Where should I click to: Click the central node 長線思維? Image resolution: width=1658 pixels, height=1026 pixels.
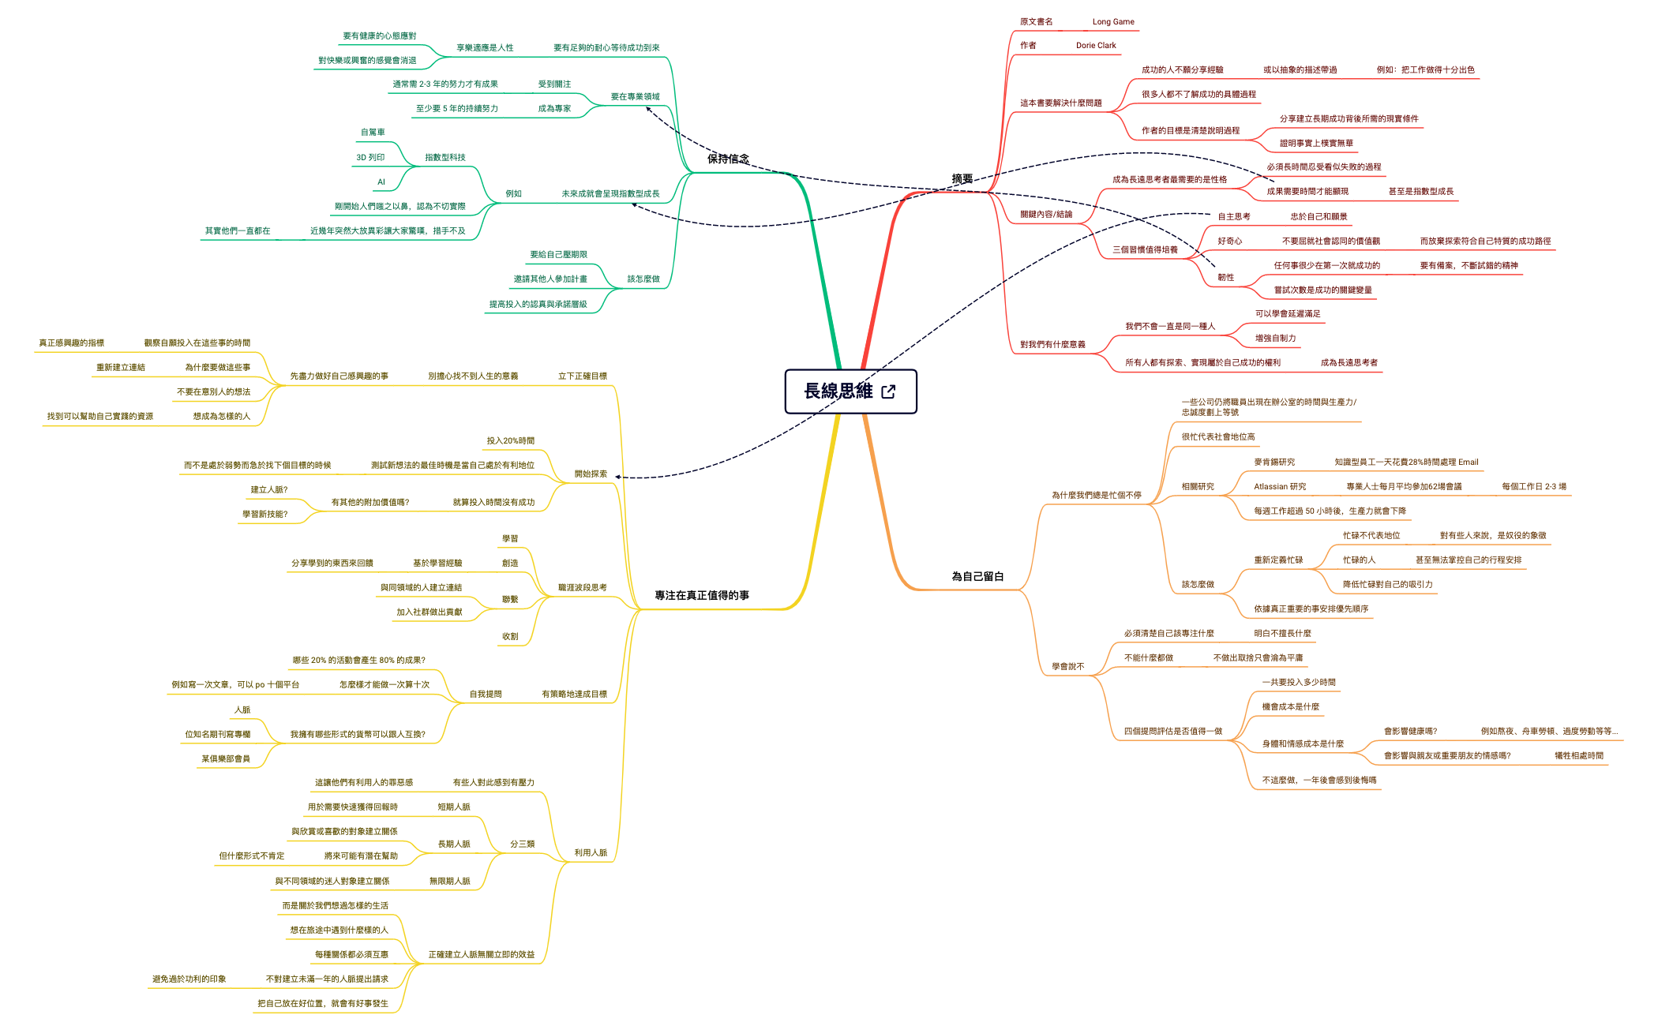[x=850, y=391]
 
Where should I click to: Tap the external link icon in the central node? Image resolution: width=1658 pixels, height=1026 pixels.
[x=888, y=391]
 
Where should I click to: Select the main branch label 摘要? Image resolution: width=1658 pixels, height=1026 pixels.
[x=962, y=179]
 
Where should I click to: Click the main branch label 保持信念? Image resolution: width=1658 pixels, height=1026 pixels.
[x=728, y=159]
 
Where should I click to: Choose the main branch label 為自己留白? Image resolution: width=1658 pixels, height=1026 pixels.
[x=977, y=576]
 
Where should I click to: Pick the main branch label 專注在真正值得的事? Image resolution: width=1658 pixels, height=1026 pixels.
[x=702, y=595]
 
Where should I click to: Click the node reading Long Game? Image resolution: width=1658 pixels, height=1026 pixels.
[x=1113, y=22]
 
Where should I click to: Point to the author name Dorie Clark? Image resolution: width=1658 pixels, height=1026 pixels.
[x=1096, y=46]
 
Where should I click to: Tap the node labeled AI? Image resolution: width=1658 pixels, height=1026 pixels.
[x=381, y=182]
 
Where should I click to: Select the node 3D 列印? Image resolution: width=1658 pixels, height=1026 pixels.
[x=370, y=158]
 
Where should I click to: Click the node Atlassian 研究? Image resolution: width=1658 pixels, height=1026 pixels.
[x=1280, y=487]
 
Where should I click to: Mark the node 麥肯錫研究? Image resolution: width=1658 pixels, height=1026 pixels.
[x=1274, y=462]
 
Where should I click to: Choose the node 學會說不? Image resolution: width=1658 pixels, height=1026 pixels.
[x=1067, y=667]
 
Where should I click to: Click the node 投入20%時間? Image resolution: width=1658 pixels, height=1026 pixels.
[x=510, y=441]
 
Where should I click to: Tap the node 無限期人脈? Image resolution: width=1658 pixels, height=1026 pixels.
[x=449, y=882]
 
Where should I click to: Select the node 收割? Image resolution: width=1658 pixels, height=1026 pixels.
[x=510, y=637]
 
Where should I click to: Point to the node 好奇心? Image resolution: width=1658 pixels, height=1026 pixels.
[x=1229, y=242]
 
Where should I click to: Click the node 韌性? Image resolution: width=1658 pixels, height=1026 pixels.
[x=1225, y=278]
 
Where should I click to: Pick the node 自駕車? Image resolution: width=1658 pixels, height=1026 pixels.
[x=373, y=133]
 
